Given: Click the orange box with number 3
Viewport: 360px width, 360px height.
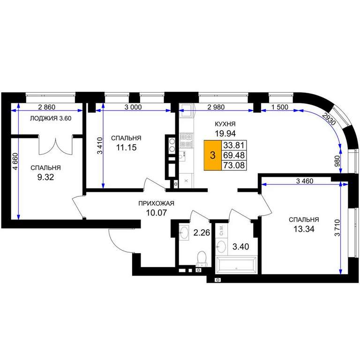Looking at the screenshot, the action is (213, 155).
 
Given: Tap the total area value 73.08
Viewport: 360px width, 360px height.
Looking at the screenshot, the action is (234, 165).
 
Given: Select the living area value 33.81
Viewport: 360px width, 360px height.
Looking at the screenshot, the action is (234, 145).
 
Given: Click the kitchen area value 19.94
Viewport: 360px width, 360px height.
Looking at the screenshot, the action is (225, 133).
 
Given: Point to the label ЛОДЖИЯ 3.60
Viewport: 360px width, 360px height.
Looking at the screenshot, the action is (51, 119).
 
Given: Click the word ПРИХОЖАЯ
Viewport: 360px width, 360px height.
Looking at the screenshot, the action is (157, 203).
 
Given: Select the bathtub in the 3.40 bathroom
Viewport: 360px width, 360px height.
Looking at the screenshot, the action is (236, 265).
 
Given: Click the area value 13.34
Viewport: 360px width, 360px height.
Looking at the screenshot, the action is (304, 229).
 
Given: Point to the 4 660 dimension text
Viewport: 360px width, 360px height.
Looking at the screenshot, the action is (15, 161).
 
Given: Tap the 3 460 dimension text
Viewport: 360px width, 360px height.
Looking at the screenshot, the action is (305, 181).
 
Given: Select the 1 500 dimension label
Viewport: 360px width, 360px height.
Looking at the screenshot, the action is (280, 107).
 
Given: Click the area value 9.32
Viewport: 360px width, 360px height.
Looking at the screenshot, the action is (45, 177).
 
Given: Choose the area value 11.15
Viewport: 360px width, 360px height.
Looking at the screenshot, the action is (126, 147).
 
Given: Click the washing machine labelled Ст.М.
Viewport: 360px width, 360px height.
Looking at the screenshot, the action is (222, 230).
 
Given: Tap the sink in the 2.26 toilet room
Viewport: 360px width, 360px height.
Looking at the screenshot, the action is (184, 232).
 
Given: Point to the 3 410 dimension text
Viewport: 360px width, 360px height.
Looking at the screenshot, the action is (100, 146).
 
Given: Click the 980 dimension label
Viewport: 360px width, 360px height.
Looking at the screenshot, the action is (337, 161).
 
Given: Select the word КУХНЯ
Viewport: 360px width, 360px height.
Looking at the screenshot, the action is (225, 124).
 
